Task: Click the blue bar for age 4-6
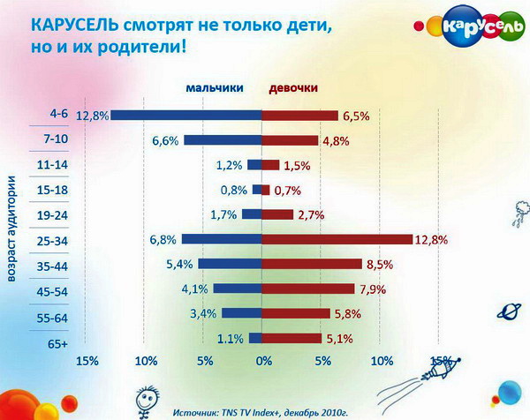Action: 186,115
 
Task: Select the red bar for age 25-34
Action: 337,239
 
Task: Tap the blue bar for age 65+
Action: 255,338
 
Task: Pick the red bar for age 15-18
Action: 266,190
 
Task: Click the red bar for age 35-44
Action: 312,264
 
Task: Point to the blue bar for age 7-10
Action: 223,140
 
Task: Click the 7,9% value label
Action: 373,289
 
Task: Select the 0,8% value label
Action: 234,190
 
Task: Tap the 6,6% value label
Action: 165,140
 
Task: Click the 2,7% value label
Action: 311,215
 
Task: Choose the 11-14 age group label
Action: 52,165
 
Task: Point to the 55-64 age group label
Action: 52,318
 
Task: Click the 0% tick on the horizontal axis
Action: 264,361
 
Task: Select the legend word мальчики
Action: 215,87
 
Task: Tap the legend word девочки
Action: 293,87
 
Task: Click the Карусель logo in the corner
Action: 470,27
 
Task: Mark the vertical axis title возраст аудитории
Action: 11,229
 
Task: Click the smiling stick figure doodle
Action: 147,401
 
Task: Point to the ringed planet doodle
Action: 509,311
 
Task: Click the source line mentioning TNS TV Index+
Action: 261,413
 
